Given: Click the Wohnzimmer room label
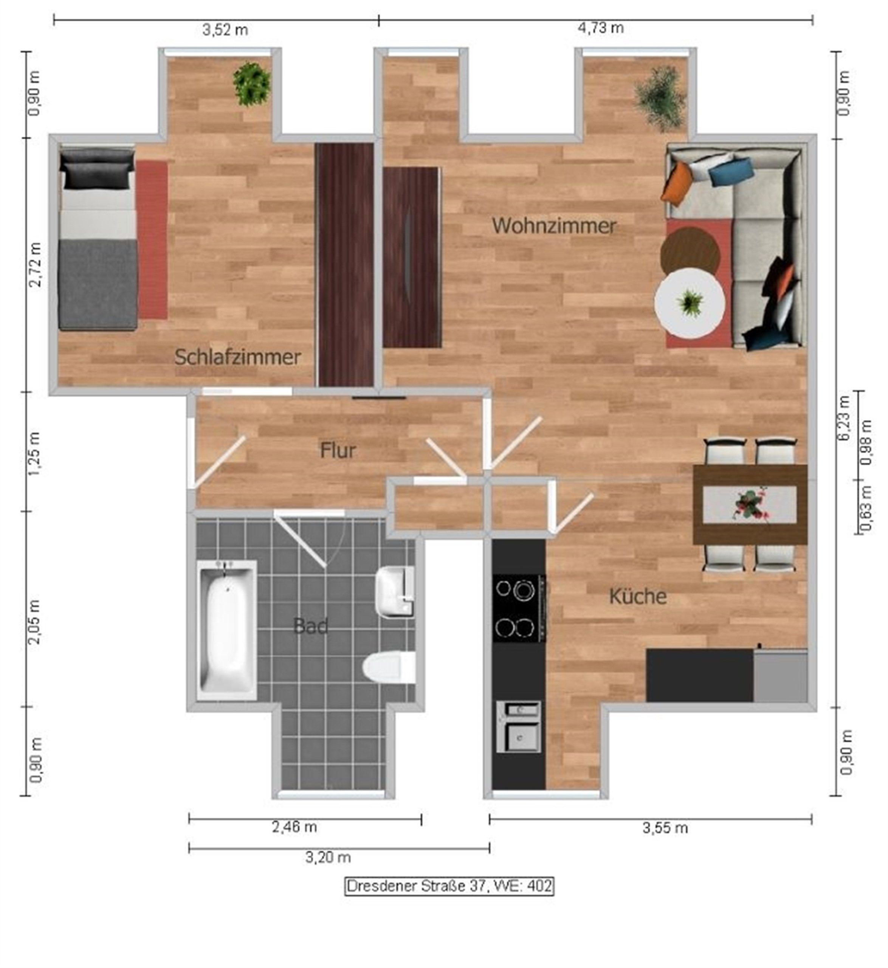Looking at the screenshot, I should [x=554, y=226].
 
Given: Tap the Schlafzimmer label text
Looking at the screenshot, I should [x=237, y=357].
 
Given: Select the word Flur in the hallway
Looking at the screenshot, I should [x=338, y=451].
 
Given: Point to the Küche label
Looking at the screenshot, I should [x=638, y=596].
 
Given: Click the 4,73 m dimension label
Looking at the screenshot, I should [x=600, y=28].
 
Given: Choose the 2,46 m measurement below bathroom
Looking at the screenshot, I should [x=294, y=827].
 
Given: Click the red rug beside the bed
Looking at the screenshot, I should [x=152, y=240].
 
